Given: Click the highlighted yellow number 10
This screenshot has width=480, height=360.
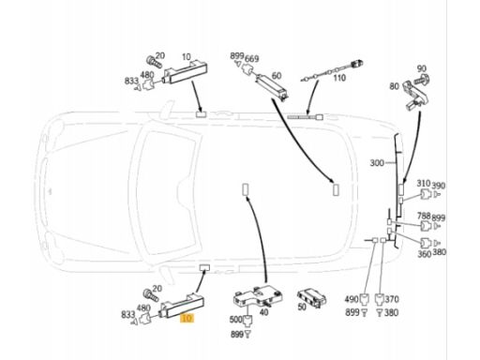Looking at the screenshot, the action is (x=187, y=319).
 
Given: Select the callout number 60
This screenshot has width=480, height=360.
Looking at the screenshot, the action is (x=277, y=76).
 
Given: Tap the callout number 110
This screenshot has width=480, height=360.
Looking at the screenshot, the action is (x=339, y=78).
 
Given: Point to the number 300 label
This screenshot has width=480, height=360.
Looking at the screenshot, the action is (x=377, y=163).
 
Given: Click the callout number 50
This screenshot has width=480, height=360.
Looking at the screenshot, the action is (x=302, y=307).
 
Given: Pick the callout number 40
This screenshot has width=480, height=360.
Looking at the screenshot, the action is (x=264, y=312).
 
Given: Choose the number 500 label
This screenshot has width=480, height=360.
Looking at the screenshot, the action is (x=236, y=320).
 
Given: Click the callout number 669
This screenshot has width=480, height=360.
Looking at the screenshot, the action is (x=251, y=59).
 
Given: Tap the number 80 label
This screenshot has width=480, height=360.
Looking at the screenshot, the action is (x=395, y=86).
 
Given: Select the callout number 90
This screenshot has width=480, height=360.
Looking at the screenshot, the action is (x=421, y=68).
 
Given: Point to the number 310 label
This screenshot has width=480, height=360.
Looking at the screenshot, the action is (x=424, y=184).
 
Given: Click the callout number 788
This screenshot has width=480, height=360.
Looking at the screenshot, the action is (x=424, y=216).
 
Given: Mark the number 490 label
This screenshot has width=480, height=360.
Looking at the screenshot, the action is (x=352, y=299).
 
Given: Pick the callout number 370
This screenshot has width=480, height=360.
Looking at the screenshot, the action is (x=392, y=299).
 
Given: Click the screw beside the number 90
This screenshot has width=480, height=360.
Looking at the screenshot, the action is (x=422, y=80).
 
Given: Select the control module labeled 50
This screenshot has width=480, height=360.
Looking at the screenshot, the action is (x=312, y=298).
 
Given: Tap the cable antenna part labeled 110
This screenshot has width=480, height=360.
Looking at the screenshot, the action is (x=331, y=70).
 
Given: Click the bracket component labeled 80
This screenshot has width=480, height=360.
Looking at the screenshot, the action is (x=415, y=95).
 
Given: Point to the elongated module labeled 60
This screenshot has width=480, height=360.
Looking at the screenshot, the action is (x=271, y=85).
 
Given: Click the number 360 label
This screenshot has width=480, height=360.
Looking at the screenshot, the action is (x=425, y=254).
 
